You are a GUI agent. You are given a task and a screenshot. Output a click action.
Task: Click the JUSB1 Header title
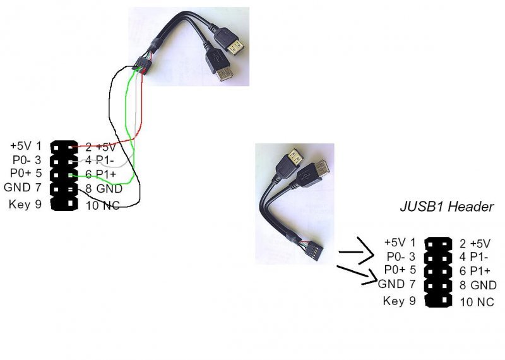[446, 207]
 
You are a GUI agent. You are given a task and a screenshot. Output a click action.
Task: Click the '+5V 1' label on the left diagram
[26, 147]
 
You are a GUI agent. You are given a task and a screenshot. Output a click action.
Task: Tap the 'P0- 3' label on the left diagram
[26, 160]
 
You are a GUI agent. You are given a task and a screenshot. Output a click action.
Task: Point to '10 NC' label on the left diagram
[102, 205]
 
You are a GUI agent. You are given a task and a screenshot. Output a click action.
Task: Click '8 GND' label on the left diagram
[104, 189]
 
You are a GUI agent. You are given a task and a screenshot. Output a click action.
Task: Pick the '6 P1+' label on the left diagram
[101, 174]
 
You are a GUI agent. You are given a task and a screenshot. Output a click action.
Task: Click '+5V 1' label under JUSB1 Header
[400, 242]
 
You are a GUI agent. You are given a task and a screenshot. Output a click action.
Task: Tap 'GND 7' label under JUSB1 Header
[396, 285]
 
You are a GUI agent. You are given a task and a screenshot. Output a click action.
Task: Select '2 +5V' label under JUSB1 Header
[475, 244]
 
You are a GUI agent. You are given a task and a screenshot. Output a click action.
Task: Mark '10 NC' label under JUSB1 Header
[477, 302]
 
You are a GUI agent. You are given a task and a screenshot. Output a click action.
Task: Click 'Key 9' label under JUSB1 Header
[399, 300]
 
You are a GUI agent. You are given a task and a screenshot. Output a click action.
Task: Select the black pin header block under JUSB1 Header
[439, 272]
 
